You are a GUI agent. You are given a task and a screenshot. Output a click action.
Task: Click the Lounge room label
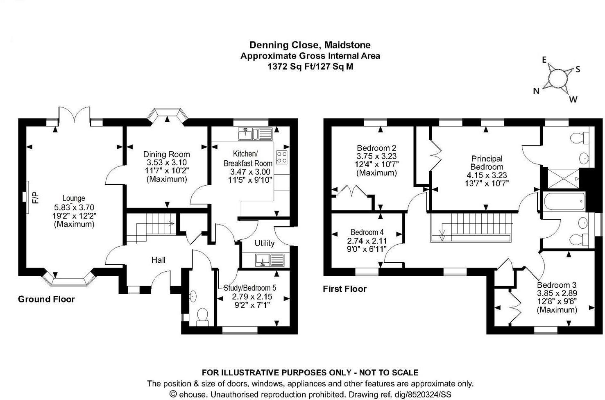(74, 198)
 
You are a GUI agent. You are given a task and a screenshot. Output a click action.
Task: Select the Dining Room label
(166, 155)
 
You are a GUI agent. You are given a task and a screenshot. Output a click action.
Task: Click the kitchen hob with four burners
(282, 157)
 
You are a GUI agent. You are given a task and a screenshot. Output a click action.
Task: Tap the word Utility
(264, 243)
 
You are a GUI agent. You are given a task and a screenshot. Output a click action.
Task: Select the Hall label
(158, 260)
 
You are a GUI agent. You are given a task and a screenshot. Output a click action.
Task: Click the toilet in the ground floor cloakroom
(203, 316)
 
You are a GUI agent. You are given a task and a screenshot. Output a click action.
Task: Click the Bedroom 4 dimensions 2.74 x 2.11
(367, 241)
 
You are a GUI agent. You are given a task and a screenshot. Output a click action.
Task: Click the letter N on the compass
(536, 91)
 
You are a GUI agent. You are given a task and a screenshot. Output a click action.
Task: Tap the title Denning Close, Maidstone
(310, 45)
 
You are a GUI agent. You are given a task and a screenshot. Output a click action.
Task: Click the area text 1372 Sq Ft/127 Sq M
(310, 67)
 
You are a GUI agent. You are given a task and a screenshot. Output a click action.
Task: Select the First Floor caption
(344, 289)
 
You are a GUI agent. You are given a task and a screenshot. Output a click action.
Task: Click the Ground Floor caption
(46, 299)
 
